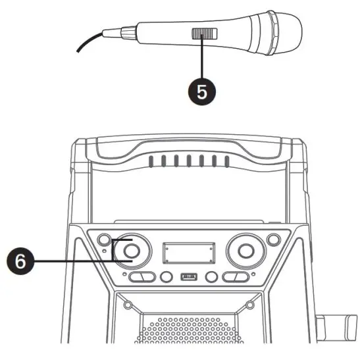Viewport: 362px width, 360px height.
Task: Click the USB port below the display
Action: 188,277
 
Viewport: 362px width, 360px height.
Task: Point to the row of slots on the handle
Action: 188,161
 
